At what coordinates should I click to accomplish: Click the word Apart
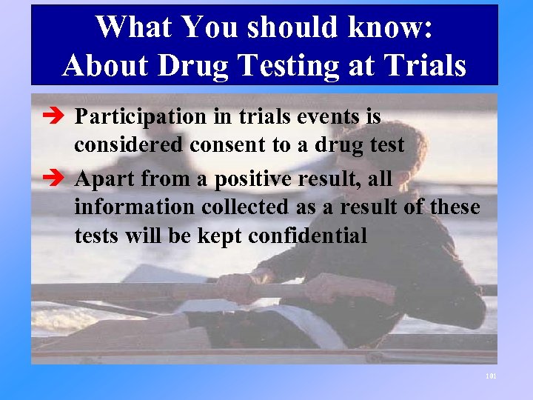(105, 179)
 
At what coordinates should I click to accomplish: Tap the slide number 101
(491, 376)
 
